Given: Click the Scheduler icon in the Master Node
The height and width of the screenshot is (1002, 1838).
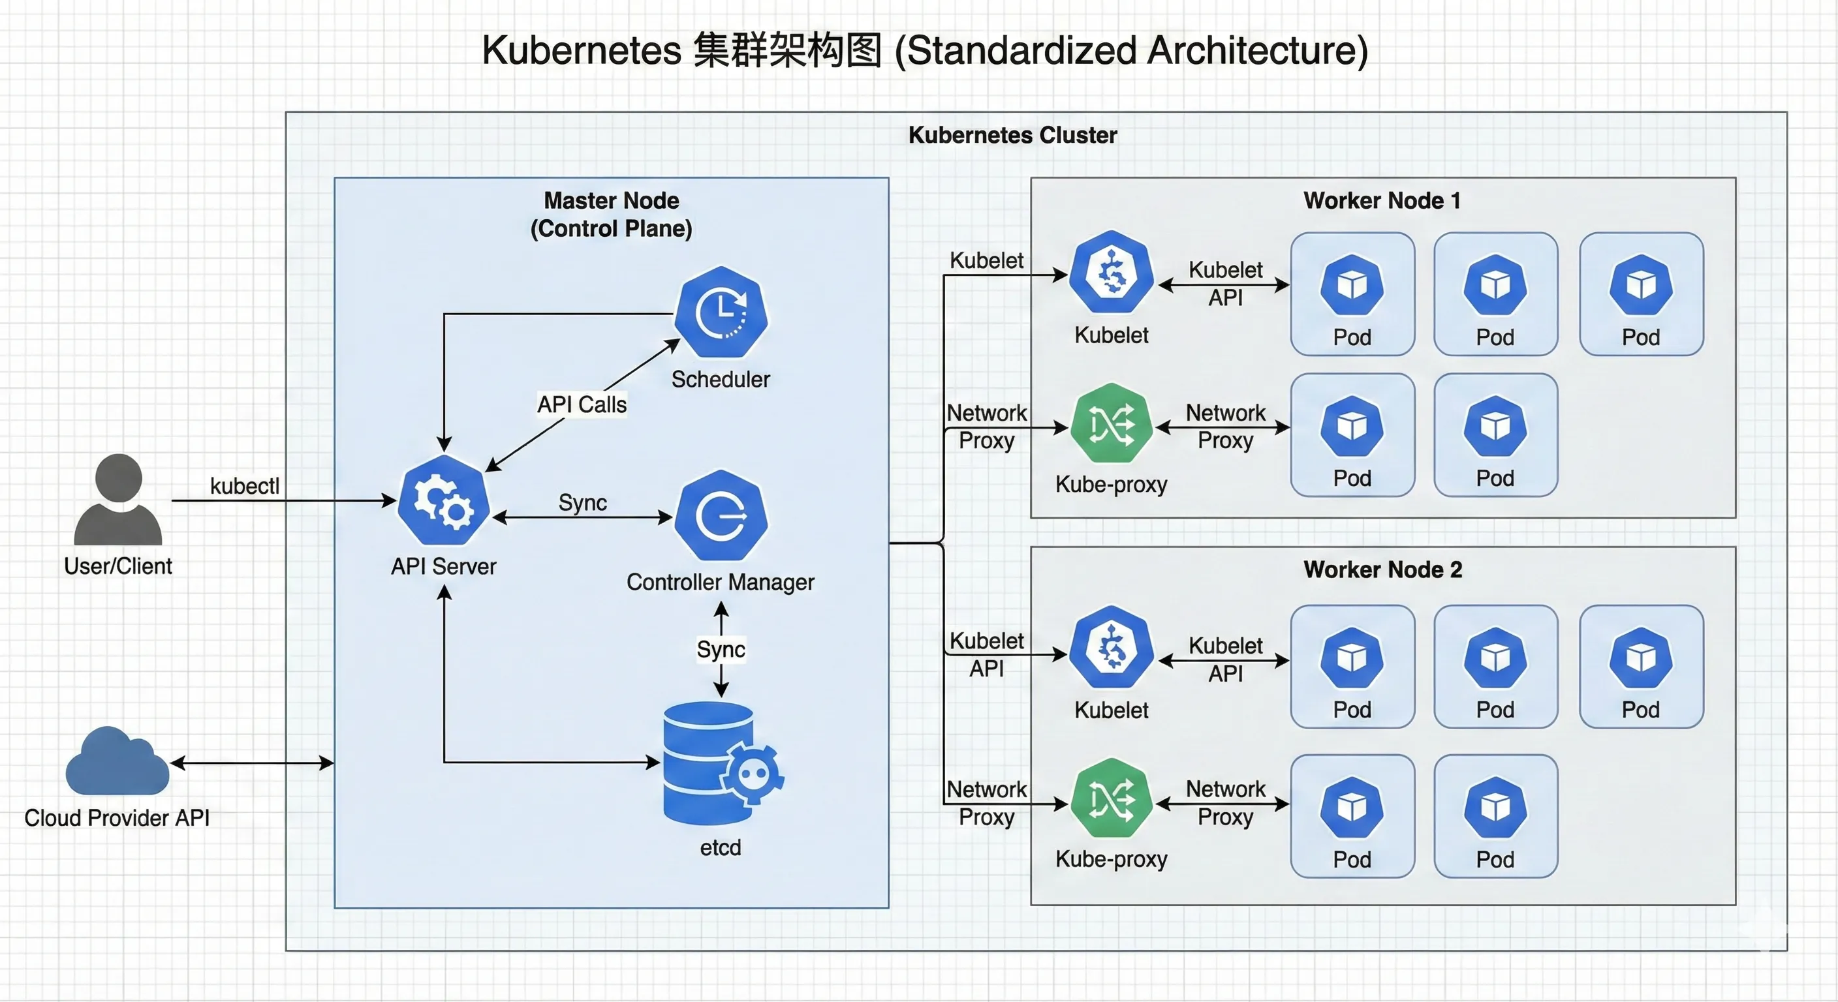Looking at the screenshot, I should (721, 312).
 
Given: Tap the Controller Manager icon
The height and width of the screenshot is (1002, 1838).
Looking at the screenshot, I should (721, 515).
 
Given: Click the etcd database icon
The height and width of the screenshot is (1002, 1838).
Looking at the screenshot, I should (717, 763).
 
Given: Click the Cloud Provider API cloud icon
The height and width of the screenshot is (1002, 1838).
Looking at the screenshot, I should (117, 762).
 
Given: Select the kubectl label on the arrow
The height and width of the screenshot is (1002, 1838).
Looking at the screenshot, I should (245, 487).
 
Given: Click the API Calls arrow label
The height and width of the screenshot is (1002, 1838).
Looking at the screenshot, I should (582, 404).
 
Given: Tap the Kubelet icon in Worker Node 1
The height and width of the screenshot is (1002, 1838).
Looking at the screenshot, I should (1111, 273).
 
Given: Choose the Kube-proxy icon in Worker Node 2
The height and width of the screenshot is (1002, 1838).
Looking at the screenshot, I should (1111, 800).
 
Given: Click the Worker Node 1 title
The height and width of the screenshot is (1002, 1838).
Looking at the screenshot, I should (1382, 200).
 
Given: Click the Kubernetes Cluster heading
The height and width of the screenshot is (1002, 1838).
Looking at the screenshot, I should (1012, 135).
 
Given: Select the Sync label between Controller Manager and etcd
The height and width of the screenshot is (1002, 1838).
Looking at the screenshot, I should (721, 650).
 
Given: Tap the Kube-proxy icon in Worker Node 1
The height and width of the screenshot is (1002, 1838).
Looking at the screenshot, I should (1111, 423).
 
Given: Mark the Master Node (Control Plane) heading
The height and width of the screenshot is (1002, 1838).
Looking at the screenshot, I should (612, 214).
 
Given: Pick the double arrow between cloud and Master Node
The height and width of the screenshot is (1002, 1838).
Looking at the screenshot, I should (252, 763).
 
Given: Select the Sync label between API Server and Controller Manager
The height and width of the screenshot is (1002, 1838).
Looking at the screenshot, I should (582, 503).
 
